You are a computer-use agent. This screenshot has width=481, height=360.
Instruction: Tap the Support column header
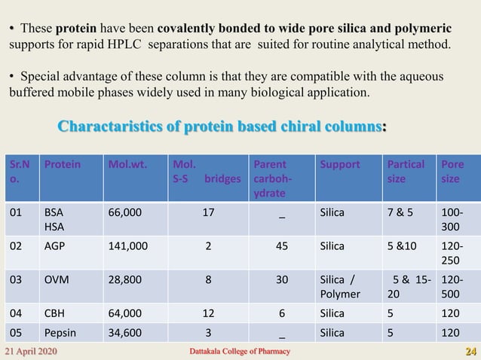pyautogui.click(x=339, y=163)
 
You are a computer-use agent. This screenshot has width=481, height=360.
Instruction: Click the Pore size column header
pyautogui.click(x=454, y=171)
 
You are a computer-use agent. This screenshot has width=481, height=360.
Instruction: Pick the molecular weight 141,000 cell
pyautogui.click(x=128, y=245)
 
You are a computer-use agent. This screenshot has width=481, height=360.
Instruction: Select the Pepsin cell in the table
pyautogui.click(x=60, y=331)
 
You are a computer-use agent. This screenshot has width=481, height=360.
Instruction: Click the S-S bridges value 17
pyautogui.click(x=207, y=212)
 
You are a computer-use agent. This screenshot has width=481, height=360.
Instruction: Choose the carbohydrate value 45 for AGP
pyautogui.click(x=282, y=245)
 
